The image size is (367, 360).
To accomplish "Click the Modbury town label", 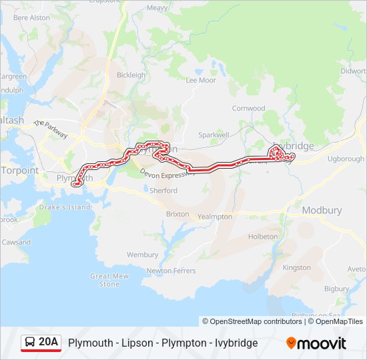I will pyautogui.click(x=322, y=210).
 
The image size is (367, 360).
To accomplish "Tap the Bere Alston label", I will pyautogui.click(x=31, y=17).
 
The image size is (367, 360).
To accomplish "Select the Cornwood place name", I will pyautogui.click(x=248, y=108).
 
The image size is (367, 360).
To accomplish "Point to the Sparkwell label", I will pyautogui.click(x=213, y=135).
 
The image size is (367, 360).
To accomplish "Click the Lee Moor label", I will pyautogui.click(x=201, y=80).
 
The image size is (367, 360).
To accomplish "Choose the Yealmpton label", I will pyautogui.click(x=215, y=217).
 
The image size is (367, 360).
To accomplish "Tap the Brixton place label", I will pyautogui.click(x=177, y=215).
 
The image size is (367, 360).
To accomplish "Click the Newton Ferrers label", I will pyautogui.click(x=171, y=271).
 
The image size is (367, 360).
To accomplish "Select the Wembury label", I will pyautogui.click(x=142, y=255).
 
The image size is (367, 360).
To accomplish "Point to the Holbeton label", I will pyautogui.click(x=263, y=237).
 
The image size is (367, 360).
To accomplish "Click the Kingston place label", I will pyautogui.click(x=297, y=267).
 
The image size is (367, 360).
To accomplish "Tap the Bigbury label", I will pyautogui.click(x=336, y=289).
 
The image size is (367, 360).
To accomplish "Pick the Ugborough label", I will pyautogui.click(x=346, y=159).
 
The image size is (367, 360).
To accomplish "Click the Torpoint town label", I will pyautogui.click(x=19, y=170).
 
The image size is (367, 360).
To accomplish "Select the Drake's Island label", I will pyautogui.click(x=65, y=207).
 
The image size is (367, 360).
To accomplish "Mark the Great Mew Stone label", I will pyautogui.click(x=109, y=280).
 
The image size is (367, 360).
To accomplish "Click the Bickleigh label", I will pyautogui.click(x=131, y=75).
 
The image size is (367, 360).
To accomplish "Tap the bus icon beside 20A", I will pyautogui.click(x=31, y=343).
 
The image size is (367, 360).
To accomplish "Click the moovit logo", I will pyautogui.click(x=316, y=343).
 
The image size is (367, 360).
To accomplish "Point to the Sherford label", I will pyautogui.click(x=163, y=191).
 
